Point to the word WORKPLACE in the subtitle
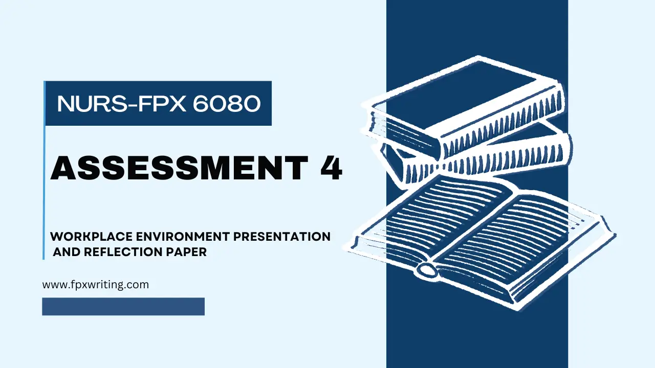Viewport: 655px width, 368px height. (x=91, y=237)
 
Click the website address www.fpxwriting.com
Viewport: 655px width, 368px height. (x=95, y=285)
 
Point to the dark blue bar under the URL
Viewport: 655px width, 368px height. (x=123, y=307)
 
